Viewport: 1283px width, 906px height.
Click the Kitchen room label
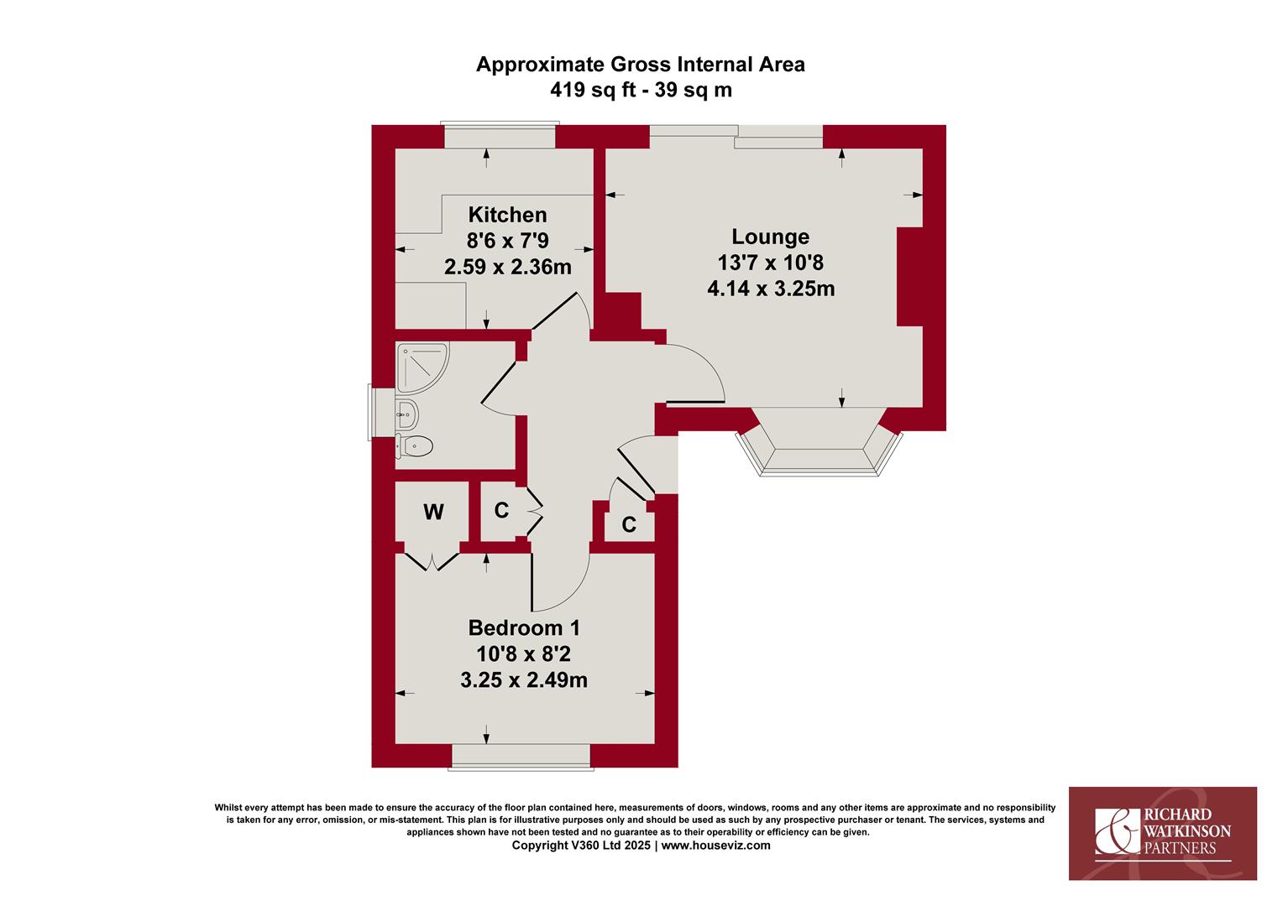[x=507, y=216]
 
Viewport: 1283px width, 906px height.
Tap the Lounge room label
[x=770, y=237]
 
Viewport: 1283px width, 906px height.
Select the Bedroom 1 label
[x=524, y=627]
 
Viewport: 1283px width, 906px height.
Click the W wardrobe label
[x=433, y=512]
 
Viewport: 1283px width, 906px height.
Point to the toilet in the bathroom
[x=414, y=445]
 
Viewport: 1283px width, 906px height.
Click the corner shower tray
[x=422, y=367]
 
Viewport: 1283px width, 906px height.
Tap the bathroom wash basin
[x=406, y=414]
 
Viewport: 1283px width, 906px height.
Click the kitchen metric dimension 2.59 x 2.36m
[x=507, y=267]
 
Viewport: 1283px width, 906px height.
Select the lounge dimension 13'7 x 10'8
[x=770, y=263]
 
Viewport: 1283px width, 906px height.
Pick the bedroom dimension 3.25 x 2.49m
[x=524, y=680]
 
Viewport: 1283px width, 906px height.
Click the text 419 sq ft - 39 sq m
[x=641, y=90]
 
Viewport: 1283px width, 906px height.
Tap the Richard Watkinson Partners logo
[x=1163, y=833]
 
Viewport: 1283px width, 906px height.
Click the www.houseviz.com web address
[x=716, y=846]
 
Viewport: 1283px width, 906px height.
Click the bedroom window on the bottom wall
[x=521, y=757]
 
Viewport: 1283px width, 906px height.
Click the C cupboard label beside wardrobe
[x=501, y=510]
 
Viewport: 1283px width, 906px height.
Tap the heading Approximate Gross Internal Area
[x=641, y=64]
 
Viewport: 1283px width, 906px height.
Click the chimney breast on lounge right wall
[x=909, y=277]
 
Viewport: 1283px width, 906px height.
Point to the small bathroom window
[x=381, y=412]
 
